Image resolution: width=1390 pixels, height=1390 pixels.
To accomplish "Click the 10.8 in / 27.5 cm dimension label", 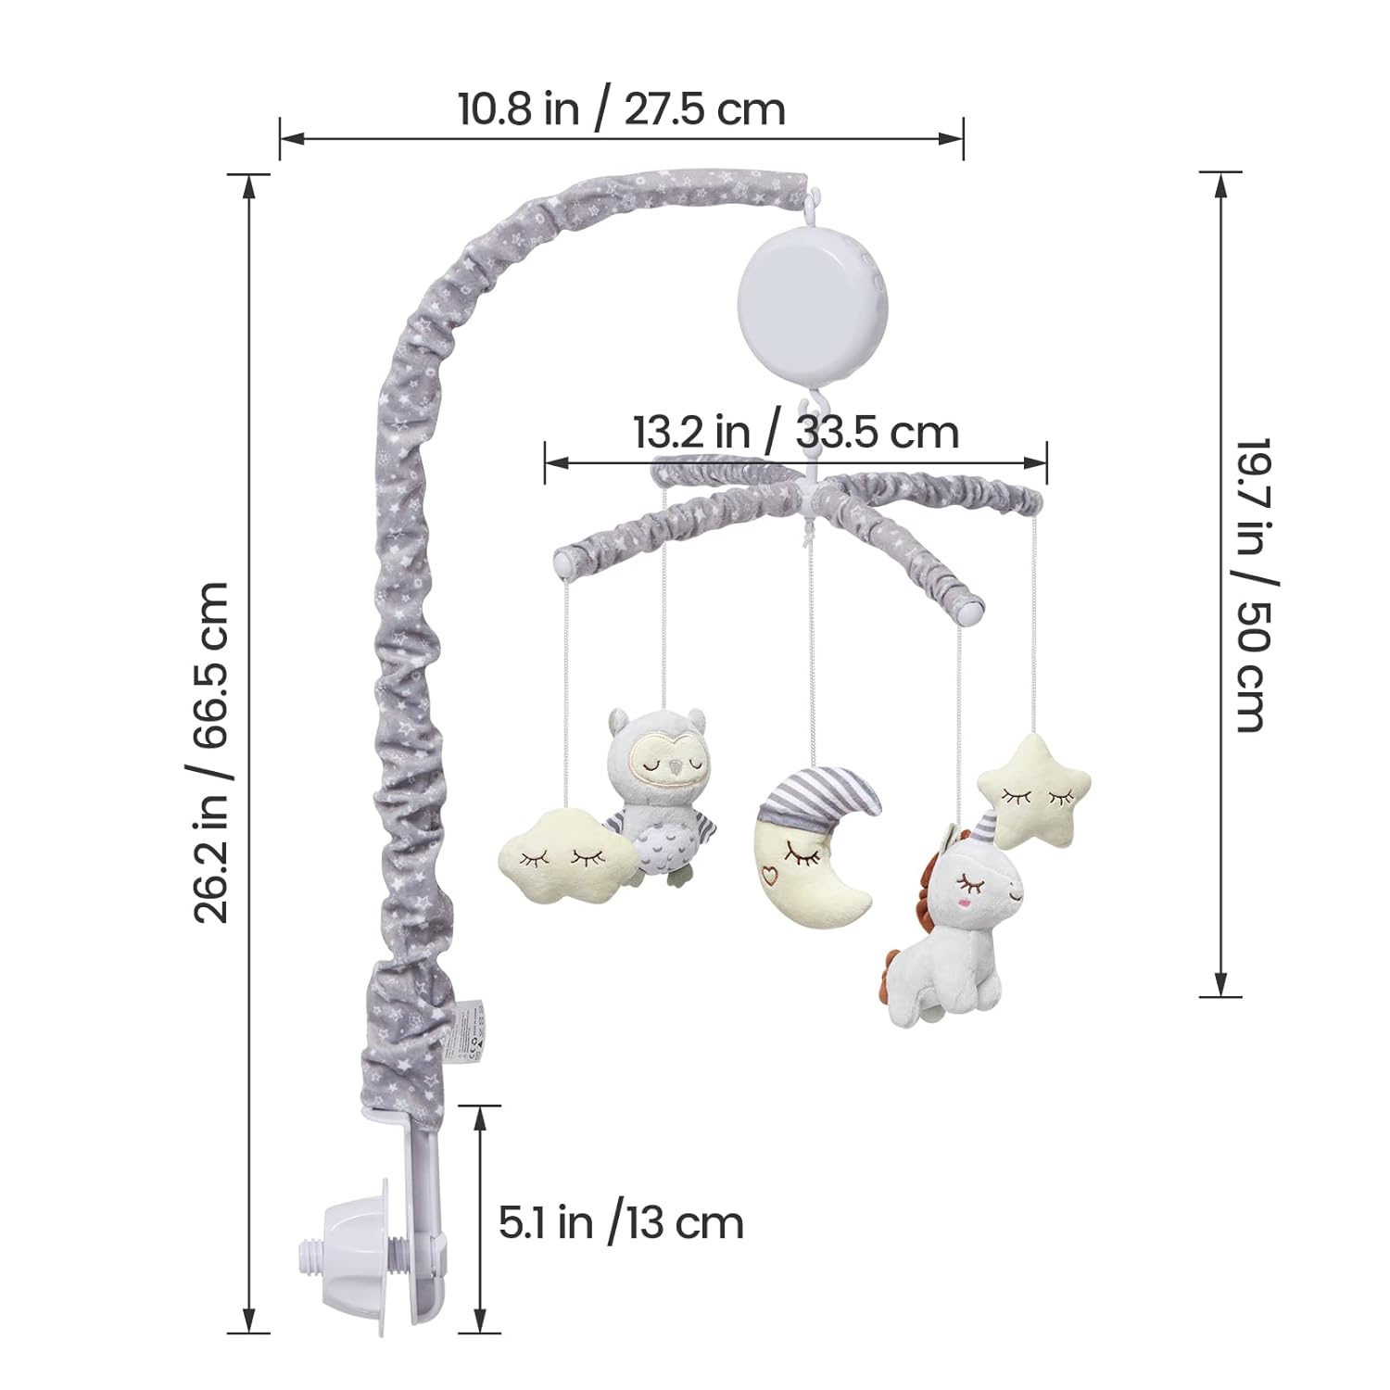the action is (622, 109).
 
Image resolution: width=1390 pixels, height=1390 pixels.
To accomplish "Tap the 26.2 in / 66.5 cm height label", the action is (212, 752).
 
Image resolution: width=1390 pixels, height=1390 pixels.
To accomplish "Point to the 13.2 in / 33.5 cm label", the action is (796, 432).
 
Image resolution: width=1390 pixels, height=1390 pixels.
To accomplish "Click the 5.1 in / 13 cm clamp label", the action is (621, 1223).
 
